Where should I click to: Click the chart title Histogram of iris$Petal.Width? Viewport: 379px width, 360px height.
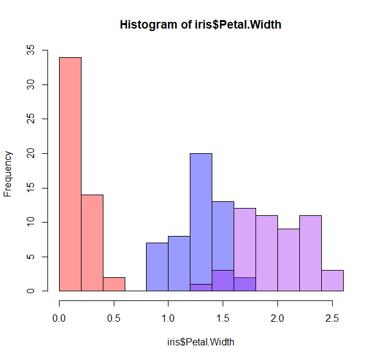[x=200, y=25]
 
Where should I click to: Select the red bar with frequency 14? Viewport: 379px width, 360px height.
[x=92, y=243]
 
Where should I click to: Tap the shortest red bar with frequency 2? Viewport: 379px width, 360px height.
[x=114, y=284]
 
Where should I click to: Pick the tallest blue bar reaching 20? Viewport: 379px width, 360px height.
[x=201, y=219]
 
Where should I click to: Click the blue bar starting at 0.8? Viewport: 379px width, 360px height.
[x=157, y=267]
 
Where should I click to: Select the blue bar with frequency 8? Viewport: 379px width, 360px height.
[x=179, y=263]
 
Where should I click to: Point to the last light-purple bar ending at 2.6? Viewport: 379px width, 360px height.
[x=332, y=280]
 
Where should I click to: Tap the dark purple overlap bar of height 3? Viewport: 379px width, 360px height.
[x=223, y=281]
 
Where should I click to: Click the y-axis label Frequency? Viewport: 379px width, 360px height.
[x=8, y=173]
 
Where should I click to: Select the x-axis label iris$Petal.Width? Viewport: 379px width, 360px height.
[x=200, y=342]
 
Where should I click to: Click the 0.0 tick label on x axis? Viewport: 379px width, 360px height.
[x=59, y=318]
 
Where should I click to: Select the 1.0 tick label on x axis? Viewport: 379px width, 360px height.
[x=169, y=318]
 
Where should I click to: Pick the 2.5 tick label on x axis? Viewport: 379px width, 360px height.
[x=332, y=318]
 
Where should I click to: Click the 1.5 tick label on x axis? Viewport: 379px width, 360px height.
[x=223, y=318]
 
